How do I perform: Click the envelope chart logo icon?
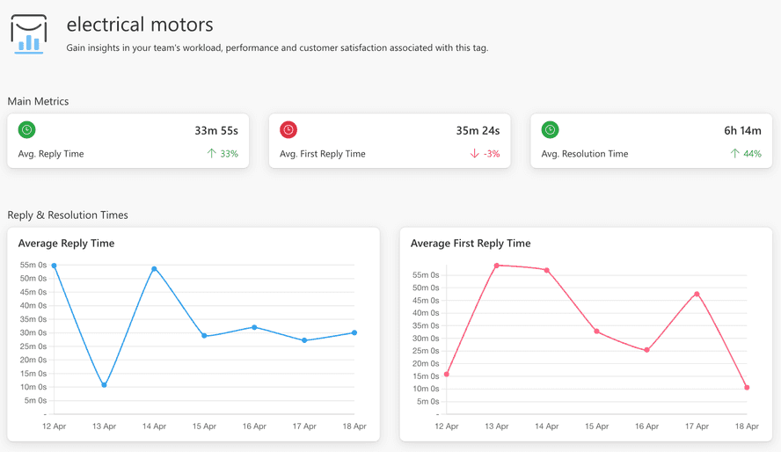(29, 33)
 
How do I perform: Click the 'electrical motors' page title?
(140, 26)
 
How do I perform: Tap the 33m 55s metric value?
(216, 130)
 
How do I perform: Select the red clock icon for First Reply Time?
(288, 130)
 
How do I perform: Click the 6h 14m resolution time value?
(742, 130)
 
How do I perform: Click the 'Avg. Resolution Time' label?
(585, 154)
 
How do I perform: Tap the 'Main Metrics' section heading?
(38, 101)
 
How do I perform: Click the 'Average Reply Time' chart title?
(66, 243)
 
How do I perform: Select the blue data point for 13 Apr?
(104, 385)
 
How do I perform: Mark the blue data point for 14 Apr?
(154, 269)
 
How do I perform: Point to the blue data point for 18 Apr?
(354, 332)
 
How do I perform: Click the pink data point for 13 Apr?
(497, 266)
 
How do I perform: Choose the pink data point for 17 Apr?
(697, 294)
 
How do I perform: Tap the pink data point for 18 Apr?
(747, 388)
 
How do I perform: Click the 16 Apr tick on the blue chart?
(254, 426)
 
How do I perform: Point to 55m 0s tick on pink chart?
(426, 275)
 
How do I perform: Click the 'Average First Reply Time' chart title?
(471, 243)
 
